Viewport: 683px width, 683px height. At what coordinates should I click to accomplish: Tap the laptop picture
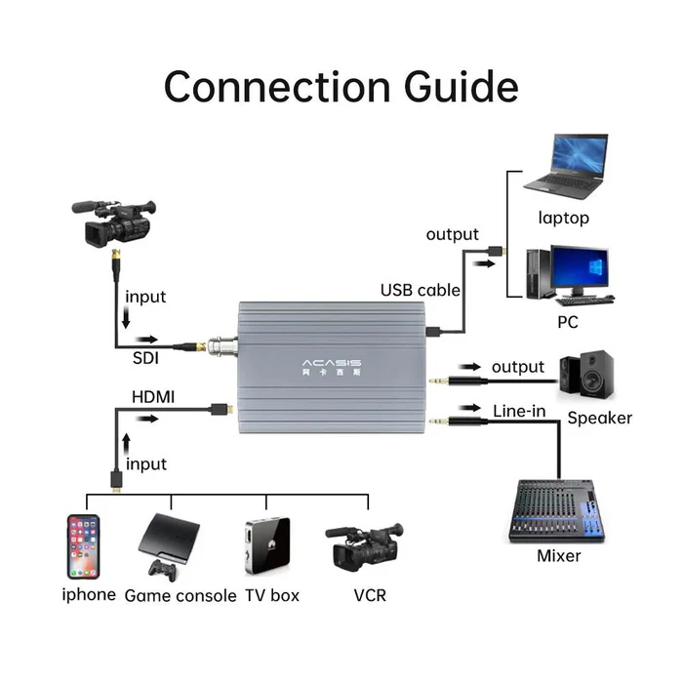point(566,167)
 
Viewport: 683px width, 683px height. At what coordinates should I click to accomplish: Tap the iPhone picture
point(83,547)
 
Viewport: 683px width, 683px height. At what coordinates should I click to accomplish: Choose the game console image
point(168,542)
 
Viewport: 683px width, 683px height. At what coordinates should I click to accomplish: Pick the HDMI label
point(153,397)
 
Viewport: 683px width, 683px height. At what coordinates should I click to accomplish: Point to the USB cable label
point(420,290)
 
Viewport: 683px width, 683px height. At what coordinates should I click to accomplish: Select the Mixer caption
point(558,556)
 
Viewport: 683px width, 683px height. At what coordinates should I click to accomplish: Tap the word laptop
point(563,218)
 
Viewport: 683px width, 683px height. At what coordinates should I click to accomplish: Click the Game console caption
point(181,595)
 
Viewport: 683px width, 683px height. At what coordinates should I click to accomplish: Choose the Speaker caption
point(599,418)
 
